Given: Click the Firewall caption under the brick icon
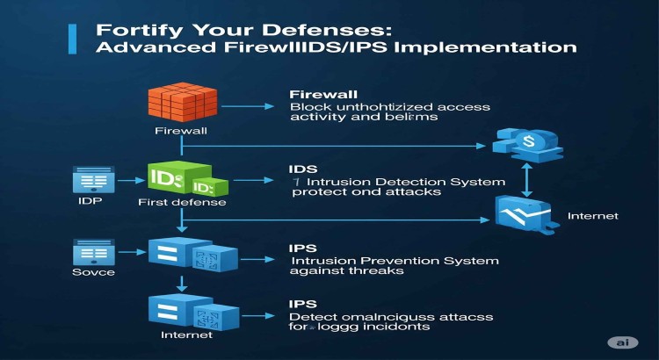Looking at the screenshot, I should pyautogui.click(x=180, y=131).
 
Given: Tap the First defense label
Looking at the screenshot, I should pyautogui.click(x=182, y=203).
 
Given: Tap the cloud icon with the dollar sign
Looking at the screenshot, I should pyautogui.click(x=526, y=141).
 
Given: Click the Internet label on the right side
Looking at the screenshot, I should pyautogui.click(x=592, y=215).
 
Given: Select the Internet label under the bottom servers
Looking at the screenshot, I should pyautogui.click(x=187, y=335).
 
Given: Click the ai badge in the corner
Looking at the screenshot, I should pyautogui.click(x=622, y=342).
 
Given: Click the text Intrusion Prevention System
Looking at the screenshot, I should pyautogui.click(x=394, y=261).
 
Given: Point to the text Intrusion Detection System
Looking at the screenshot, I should pyautogui.click(x=400, y=182).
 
